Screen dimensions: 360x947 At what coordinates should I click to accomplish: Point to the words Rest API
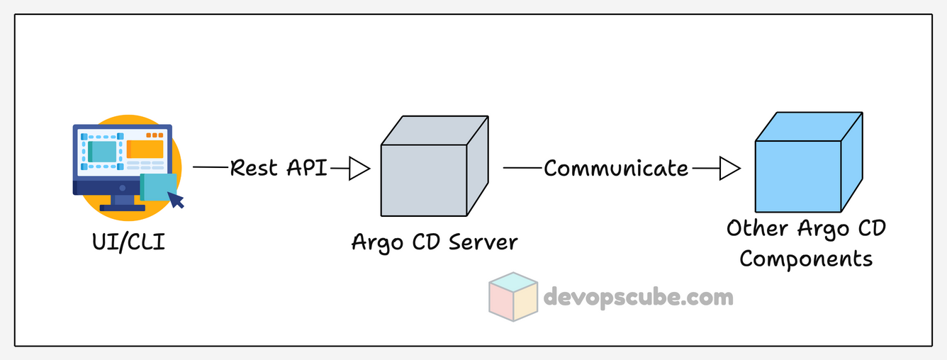279,169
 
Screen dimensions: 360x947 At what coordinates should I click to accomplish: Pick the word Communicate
615,169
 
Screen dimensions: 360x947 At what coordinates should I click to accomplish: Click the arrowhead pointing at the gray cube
360,169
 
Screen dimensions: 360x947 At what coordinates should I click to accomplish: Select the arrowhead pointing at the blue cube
730,169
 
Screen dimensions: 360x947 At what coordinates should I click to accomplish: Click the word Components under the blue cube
806,259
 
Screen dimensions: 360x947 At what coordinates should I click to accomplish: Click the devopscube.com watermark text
638,296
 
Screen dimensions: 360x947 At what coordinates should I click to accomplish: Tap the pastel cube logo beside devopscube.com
514,293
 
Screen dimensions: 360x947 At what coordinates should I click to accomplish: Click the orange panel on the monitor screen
145,149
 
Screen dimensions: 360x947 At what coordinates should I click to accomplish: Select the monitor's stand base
122,208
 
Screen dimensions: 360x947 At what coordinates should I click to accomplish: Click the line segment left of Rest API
211,168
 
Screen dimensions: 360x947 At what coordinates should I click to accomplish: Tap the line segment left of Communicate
522,169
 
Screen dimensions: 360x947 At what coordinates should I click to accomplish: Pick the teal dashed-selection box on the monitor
103,151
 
